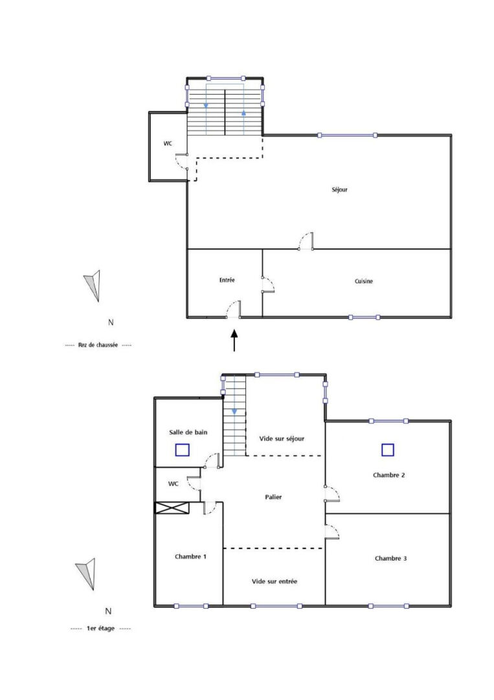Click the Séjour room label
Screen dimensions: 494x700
339,190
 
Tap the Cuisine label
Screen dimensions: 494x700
364,281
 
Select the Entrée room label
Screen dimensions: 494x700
227,280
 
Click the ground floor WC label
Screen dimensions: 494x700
168,143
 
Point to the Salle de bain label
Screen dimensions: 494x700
188,432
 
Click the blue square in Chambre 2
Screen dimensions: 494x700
388,450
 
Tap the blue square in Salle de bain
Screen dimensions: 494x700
183,450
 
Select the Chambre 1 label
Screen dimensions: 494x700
190,557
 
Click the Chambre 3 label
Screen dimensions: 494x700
390,559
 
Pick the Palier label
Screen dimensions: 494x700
273,497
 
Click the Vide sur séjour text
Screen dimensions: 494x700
282,439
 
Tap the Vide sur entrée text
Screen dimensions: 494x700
275,581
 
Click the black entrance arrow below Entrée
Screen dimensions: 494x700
234,341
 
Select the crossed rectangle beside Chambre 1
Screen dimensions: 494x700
172,508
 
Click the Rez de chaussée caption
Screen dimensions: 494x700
98,345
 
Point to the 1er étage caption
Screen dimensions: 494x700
100,629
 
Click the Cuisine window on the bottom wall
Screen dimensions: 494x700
365,318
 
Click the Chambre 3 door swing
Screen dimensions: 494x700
333,531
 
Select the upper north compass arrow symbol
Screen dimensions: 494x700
93,285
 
